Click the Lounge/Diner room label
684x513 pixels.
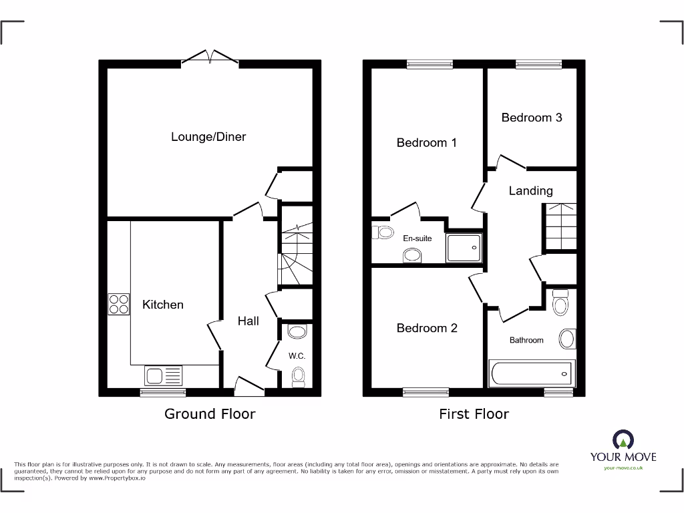(208, 137)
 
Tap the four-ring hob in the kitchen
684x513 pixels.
(119, 305)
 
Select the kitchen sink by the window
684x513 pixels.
(163, 375)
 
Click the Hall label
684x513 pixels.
(248, 321)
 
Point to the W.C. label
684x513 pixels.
(297, 356)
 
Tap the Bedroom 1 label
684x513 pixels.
(427, 142)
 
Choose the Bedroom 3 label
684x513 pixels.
(532, 118)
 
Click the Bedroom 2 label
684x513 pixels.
(427, 328)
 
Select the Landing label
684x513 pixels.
(531, 191)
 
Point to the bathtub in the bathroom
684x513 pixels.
(532, 373)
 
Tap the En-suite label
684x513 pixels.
(417, 238)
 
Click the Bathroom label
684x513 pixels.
(526, 340)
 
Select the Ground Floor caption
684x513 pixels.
(210, 414)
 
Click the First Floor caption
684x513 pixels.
(474, 414)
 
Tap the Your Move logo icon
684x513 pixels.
(623, 440)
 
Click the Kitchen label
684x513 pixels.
(163, 305)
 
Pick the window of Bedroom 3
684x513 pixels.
(538, 65)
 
